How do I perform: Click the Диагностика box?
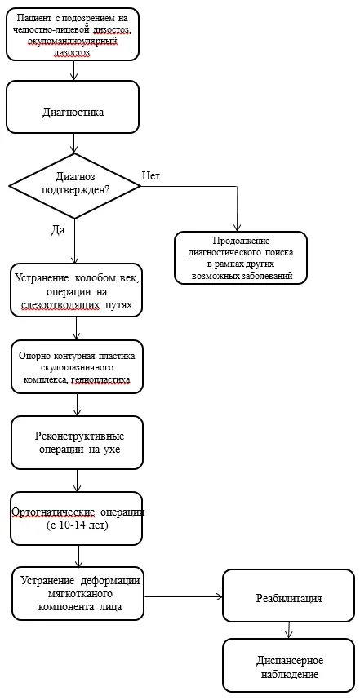pyautogui.click(x=73, y=107)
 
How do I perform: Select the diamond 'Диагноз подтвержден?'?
pyautogui.click(x=74, y=186)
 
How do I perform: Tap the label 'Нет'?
pyautogui.click(x=151, y=175)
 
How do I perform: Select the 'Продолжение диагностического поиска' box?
pyautogui.click(x=241, y=258)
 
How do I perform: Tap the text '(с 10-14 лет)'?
pyautogui.click(x=78, y=525)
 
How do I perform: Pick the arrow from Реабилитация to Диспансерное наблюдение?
pyautogui.click(x=290, y=630)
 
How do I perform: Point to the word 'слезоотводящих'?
pyautogui.click(x=59, y=305)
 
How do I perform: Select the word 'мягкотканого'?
pyautogui.click(x=79, y=595)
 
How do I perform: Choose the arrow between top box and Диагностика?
pyautogui.click(x=74, y=70)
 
